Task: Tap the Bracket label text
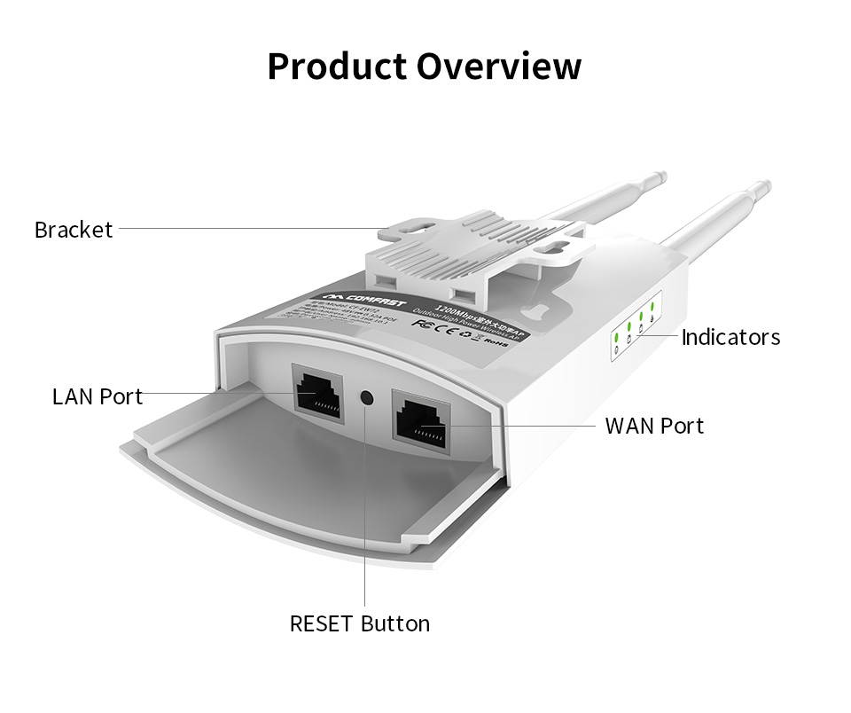coord(74,230)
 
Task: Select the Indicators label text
coord(730,337)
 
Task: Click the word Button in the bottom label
coord(395,623)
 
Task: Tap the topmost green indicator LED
coord(652,307)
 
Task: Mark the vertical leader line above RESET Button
coord(364,532)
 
